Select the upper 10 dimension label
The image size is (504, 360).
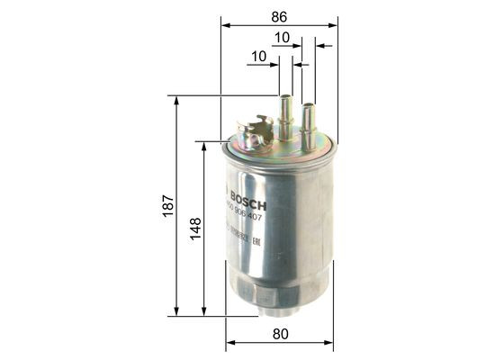pos(282,38)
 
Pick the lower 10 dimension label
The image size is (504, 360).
pos(259,56)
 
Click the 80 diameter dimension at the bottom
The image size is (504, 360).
pos(279,334)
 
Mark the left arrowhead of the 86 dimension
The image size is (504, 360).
pos(224,24)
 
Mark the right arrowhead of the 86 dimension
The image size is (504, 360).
pos(334,24)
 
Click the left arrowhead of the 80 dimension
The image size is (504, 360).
pos(229,343)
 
